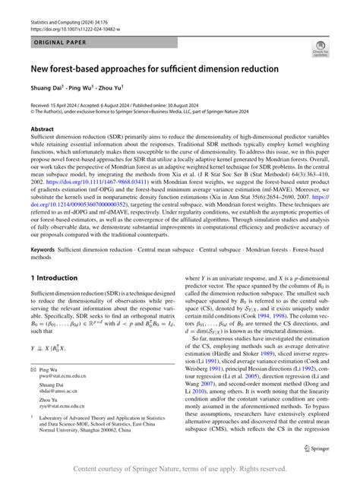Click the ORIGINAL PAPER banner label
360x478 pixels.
(x=58, y=43)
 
